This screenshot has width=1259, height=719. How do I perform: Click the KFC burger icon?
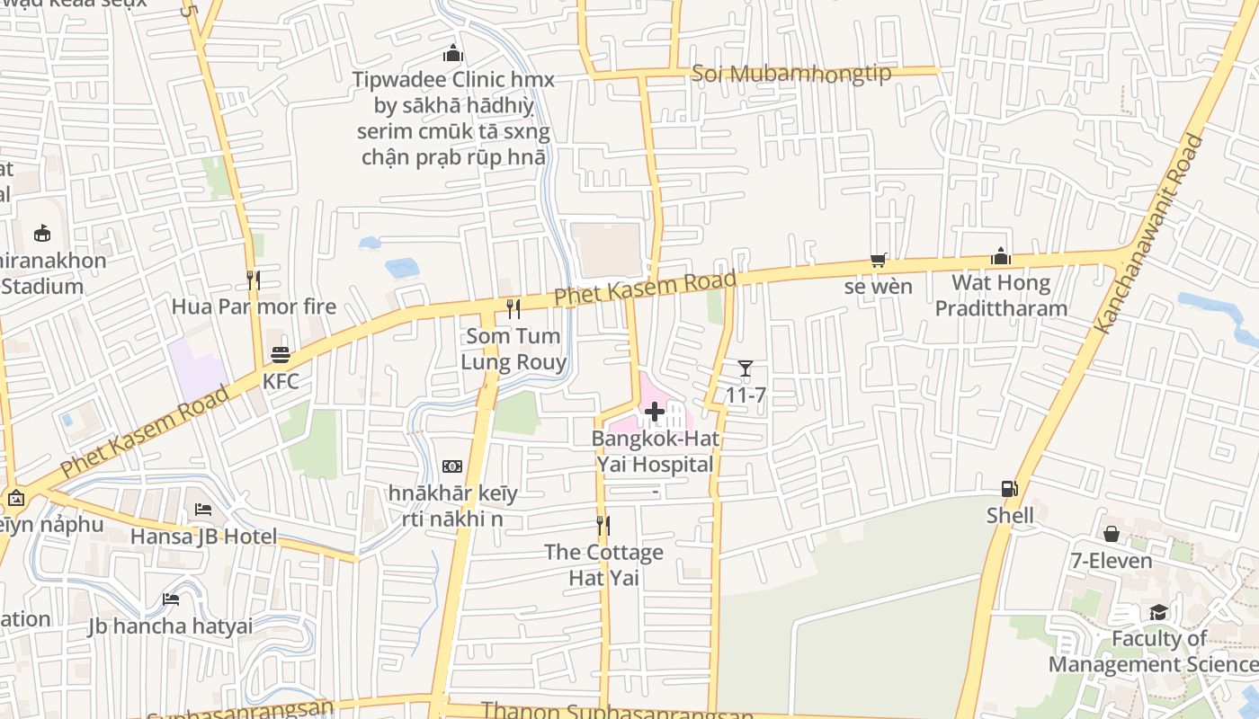(281, 354)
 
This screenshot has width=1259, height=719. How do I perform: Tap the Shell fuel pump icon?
(1010, 489)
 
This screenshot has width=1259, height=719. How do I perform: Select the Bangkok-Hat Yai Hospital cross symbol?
(655, 413)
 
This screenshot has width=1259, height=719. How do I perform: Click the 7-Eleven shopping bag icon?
(1112, 534)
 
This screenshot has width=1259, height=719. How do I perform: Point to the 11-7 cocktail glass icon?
(745, 368)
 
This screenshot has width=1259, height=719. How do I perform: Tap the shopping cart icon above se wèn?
(879, 261)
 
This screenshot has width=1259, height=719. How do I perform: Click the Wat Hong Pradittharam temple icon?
(1001, 256)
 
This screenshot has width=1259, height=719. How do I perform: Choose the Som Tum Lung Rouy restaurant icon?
(513, 309)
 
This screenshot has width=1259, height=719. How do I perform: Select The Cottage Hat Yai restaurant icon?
(603, 525)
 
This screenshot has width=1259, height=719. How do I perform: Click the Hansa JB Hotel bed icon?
(203, 510)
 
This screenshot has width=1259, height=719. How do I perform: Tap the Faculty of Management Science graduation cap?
(1158, 612)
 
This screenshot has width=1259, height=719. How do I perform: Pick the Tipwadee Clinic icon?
(453, 53)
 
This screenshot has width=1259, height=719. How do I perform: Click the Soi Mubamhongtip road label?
(791, 73)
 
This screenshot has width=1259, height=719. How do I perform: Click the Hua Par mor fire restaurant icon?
(254, 280)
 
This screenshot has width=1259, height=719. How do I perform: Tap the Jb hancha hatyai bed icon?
(171, 599)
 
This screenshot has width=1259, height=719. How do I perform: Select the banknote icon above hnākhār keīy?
(452, 466)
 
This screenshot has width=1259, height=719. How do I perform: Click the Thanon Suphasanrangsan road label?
(617, 711)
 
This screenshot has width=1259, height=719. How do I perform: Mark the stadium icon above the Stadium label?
(42, 234)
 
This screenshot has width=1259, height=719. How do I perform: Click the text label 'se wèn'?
(879, 288)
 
